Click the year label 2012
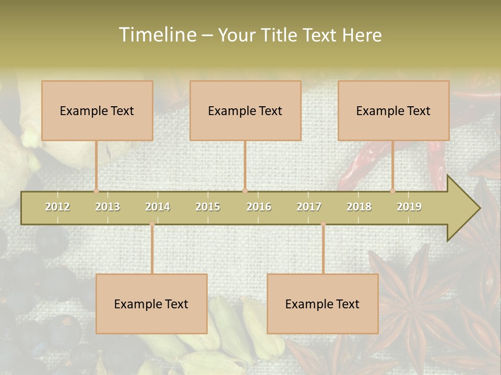coord(57,207)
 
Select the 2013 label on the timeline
coord(108,207)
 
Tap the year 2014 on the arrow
coord(158,207)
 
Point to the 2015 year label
coord(208,207)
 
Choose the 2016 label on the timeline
coord(259,207)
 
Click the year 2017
coord(309,207)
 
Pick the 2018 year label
coord(359,207)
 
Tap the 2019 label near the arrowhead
coord(409,207)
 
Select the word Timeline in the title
coord(157,35)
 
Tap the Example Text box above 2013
coord(97,110)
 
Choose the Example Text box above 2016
coord(245,110)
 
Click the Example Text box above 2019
coord(393,110)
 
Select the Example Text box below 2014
coord(151,304)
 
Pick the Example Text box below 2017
coord(323,304)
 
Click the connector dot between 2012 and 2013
coord(96,191)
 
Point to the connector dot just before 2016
coord(245,191)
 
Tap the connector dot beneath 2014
coord(152,224)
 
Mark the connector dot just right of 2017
coord(323,224)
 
